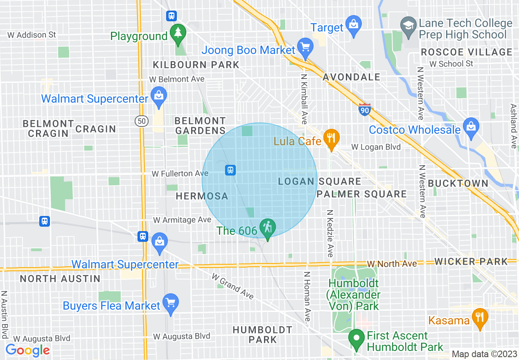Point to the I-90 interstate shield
[x=364, y=110]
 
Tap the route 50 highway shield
[x=141, y=121]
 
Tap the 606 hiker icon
[x=268, y=228]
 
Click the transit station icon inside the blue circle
[x=230, y=170]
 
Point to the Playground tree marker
[x=178, y=33]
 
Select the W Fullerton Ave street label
[x=180, y=174]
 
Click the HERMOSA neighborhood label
[x=202, y=196]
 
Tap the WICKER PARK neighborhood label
[x=471, y=261]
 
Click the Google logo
[x=27, y=350]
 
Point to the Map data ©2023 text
[x=484, y=354]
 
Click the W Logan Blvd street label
[x=376, y=147]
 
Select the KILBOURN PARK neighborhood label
[x=196, y=65]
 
